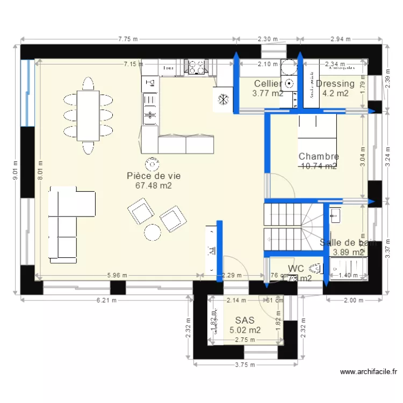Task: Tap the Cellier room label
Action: pyautogui.click(x=268, y=83)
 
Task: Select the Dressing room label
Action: pyautogui.click(x=335, y=83)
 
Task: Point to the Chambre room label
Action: pyautogui.click(x=319, y=156)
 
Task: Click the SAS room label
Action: pyautogui.click(x=244, y=320)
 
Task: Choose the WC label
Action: pyautogui.click(x=296, y=268)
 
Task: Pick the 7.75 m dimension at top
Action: pyautogui.click(x=128, y=39)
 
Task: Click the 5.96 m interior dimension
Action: pyautogui.click(x=117, y=276)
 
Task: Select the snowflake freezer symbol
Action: pyautogui.click(x=222, y=99)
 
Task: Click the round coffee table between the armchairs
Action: pyautogui.click(x=152, y=232)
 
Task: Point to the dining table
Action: pyautogui.click(x=89, y=115)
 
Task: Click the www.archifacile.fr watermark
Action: pyautogui.click(x=368, y=371)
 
